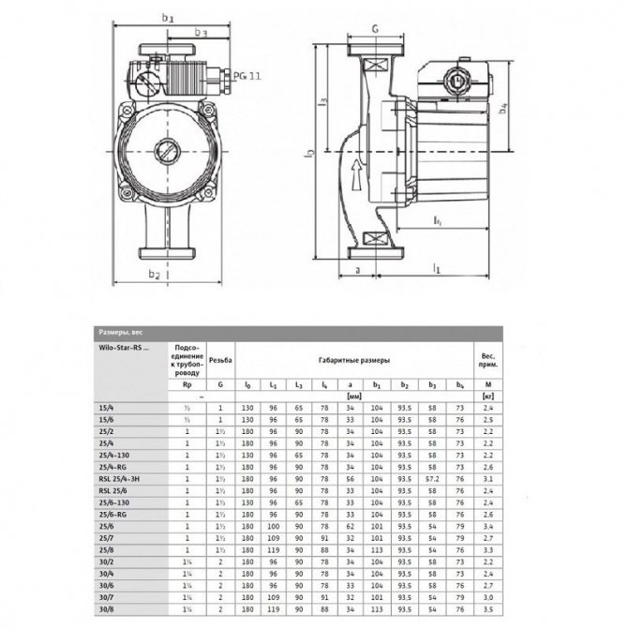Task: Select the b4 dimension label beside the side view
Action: click(504, 112)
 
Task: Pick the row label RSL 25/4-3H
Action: click(119, 478)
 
